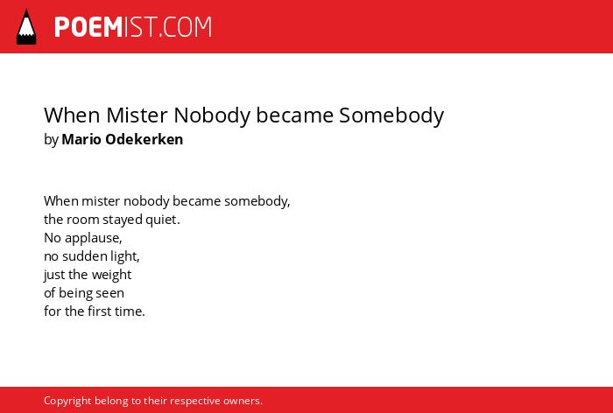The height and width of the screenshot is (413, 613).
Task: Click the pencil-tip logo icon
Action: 26,27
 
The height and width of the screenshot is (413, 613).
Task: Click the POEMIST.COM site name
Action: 133,27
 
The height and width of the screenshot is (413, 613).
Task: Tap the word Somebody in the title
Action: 391,115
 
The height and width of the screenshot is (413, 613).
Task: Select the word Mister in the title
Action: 137,115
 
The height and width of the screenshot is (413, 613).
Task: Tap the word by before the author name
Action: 51,140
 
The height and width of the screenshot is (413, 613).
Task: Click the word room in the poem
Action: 83,220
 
